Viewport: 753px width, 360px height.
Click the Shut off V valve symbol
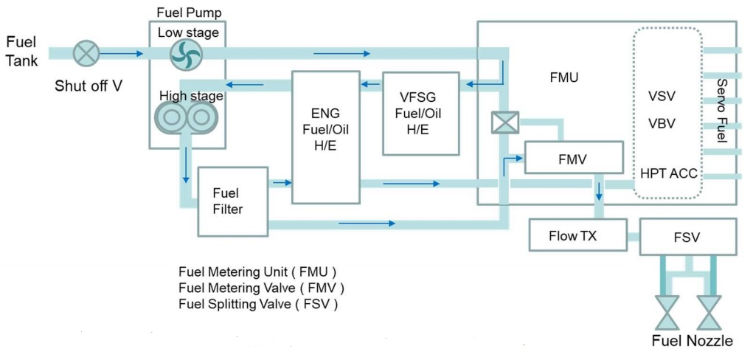click(x=87, y=53)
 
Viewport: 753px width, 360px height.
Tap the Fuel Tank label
click(x=21, y=51)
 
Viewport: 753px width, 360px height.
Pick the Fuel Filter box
click(x=231, y=201)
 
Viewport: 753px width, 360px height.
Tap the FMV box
click(x=573, y=157)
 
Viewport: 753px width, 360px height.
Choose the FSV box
click(x=687, y=237)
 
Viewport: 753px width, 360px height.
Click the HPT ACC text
click(x=669, y=175)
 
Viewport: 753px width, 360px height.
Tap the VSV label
click(x=662, y=97)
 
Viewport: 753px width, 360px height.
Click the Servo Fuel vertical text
click(x=722, y=111)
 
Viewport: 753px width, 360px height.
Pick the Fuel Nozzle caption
click(x=693, y=340)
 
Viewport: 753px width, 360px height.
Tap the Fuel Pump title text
click(x=190, y=13)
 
